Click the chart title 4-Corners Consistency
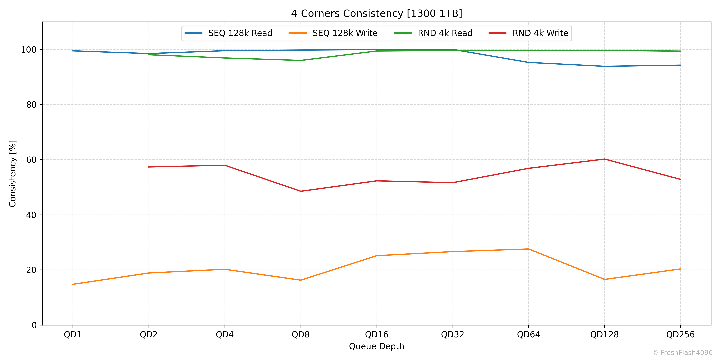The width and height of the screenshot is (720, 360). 376,13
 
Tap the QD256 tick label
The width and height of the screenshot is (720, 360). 680,335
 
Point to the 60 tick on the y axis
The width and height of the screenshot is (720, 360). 31,160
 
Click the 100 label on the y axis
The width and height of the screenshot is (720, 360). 29,50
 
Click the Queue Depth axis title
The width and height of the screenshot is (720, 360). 376,346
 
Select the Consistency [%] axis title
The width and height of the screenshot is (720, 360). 13,174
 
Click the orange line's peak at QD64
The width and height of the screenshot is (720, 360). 529,249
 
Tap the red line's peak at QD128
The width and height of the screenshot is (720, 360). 605,159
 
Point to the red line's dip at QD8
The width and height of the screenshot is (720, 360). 301,191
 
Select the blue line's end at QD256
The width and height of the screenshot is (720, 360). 680,65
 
